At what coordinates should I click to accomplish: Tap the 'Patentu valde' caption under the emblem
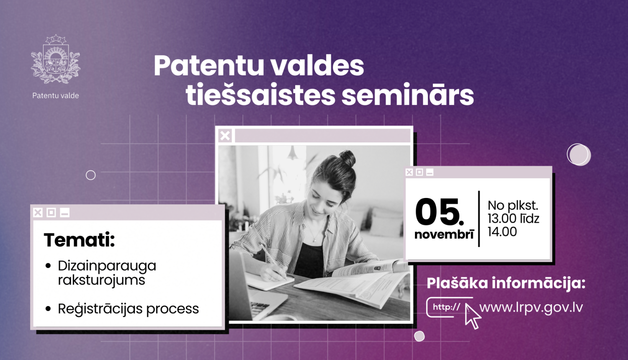56,95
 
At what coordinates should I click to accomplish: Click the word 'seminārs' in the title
407,95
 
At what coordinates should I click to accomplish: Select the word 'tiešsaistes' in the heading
260,95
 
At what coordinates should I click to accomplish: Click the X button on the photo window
225,136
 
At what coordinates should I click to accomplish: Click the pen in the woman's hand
274,262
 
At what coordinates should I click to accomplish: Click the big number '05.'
440,212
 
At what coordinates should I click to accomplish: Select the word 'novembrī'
444,234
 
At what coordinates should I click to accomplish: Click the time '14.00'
502,231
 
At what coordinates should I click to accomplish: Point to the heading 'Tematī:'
79,240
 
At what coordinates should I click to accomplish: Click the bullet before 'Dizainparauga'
48,266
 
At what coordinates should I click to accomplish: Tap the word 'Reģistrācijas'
100,309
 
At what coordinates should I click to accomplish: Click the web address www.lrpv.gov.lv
531,307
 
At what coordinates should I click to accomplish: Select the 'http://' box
446,307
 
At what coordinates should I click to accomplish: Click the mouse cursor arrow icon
473,317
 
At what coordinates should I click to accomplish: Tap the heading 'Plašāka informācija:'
506,283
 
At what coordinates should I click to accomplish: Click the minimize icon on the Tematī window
64,213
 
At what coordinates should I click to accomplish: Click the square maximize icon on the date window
420,172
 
